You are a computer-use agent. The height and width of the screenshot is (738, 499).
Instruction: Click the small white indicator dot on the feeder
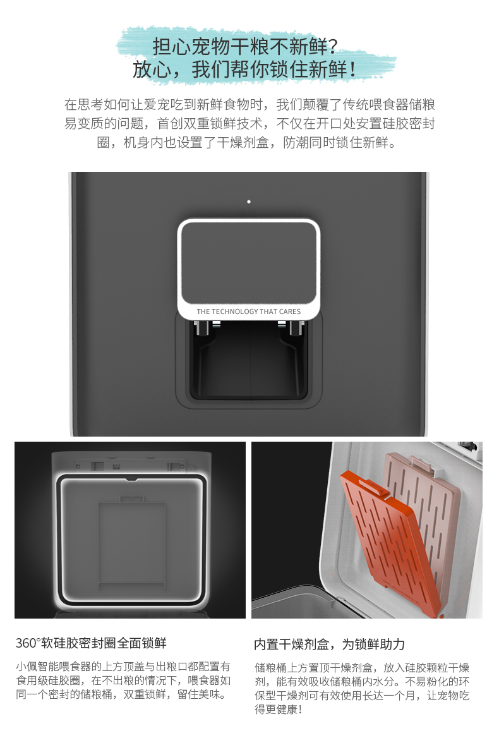coord(249,202)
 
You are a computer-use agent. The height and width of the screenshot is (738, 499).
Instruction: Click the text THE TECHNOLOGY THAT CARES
coord(248,312)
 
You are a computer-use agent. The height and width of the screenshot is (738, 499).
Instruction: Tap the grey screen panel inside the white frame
coord(248,263)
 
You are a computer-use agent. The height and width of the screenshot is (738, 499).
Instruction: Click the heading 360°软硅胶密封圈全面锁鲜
coord(91,643)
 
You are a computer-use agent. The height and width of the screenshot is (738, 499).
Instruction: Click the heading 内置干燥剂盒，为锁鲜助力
coord(329,644)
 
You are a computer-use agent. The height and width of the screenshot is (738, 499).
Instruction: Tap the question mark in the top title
coord(333,47)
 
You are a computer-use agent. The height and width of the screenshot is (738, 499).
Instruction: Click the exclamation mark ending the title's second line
coord(353,70)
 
